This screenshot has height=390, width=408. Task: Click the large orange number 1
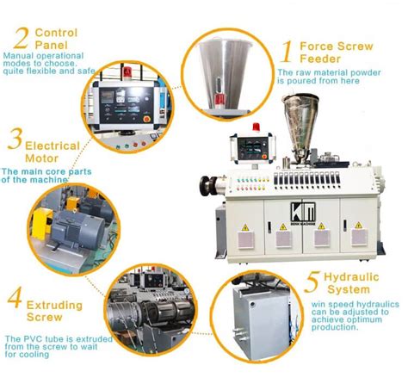pyautogui.click(x=285, y=51)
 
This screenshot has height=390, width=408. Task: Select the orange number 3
pyautogui.click(x=14, y=139)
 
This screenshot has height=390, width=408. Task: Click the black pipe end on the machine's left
pyautogui.click(x=207, y=183)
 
